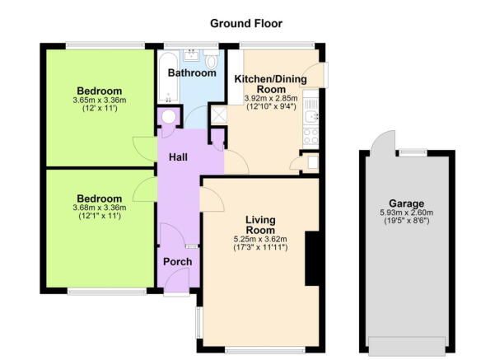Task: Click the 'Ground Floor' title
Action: pyautogui.click(x=246, y=23)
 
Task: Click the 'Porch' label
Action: pyautogui.click(x=177, y=262)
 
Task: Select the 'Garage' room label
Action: pyautogui.click(x=407, y=203)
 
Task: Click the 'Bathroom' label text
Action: pyautogui.click(x=192, y=73)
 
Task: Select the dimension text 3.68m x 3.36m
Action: pyautogui.click(x=100, y=208)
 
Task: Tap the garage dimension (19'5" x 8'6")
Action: pyautogui.click(x=407, y=224)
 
